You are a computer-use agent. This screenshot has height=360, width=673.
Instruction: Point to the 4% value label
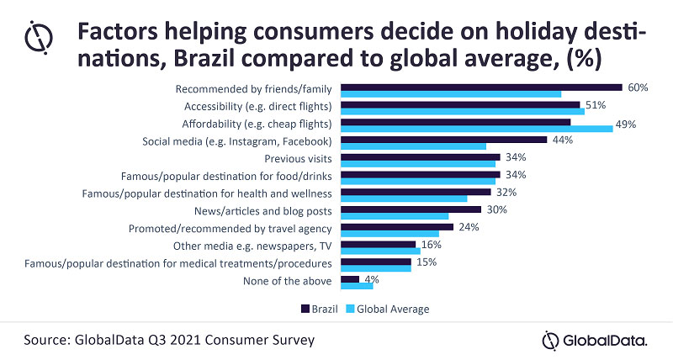click(x=370, y=278)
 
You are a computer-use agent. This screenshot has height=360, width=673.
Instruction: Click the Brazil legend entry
click(x=320, y=309)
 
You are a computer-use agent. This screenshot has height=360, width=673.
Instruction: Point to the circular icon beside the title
click(x=40, y=38)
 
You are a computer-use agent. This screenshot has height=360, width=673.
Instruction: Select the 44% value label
click(x=561, y=140)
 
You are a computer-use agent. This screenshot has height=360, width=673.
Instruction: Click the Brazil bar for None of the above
click(x=350, y=278)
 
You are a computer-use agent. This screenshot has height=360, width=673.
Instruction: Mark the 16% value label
click(x=432, y=244)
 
